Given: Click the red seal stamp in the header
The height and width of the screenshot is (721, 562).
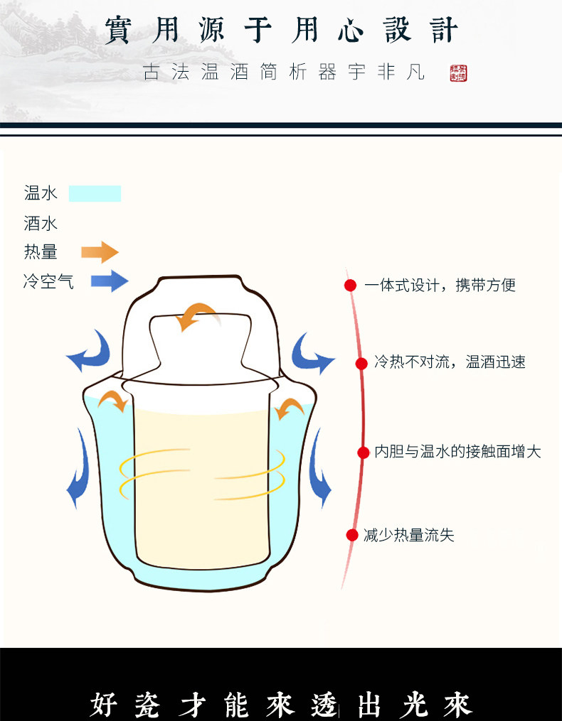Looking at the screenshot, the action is pos(459,73).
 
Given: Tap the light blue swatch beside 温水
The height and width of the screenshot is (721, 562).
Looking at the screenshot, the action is pos(95,193).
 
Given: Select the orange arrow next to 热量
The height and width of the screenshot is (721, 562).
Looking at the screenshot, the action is pos(100,251).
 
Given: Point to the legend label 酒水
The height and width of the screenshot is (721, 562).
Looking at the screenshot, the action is pos(41,224).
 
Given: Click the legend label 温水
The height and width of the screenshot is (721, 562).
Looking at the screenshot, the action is pos(41,193).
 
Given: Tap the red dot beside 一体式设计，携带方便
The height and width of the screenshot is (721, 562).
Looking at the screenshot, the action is pos(350,286).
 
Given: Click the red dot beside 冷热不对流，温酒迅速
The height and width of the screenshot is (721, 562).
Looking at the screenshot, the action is pos(361,363).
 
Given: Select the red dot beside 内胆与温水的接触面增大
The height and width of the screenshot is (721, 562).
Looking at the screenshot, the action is pos(362,452).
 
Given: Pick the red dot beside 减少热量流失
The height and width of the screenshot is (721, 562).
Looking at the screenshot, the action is pos(351,535).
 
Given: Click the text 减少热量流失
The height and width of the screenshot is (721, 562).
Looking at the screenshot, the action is pos(408,535).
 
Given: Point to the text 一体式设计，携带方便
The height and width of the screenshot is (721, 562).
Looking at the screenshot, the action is pos(440,286).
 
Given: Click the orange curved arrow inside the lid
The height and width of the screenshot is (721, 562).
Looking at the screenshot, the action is pos(196,315).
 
